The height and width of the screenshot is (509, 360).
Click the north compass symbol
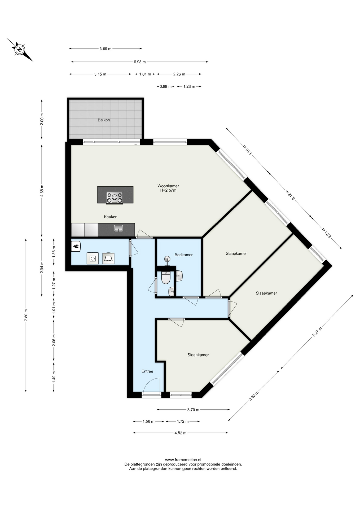[20, 50]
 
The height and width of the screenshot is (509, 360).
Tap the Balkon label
[104, 120]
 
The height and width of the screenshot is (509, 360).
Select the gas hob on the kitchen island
[115, 198]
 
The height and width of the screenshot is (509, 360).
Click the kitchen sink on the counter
[118, 228]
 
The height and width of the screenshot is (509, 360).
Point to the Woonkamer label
[168, 186]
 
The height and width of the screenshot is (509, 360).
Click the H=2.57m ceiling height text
[168, 190]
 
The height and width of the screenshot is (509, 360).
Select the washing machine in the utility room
[93, 258]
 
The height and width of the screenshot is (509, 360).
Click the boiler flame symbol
[76, 246]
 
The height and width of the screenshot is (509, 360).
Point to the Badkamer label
[183, 255]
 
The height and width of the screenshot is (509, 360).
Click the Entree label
[147, 371]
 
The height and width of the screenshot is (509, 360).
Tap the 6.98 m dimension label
[140, 62]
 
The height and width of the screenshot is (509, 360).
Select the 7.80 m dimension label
[26, 315]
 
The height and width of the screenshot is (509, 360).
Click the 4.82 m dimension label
[180, 433]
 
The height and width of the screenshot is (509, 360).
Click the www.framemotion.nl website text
[183, 460]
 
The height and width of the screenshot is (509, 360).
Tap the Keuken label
[111, 217]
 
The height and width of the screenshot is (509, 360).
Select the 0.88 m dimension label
[166, 86]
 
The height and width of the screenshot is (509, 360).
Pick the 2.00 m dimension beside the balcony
[42, 119]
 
